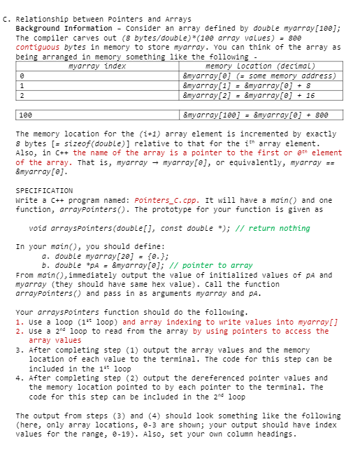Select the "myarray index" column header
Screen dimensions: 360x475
point(98,66)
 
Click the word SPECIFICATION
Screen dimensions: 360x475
point(44,190)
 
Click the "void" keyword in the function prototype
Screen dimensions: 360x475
point(38,228)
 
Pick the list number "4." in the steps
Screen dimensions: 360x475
point(18,378)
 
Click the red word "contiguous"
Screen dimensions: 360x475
point(39,47)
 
